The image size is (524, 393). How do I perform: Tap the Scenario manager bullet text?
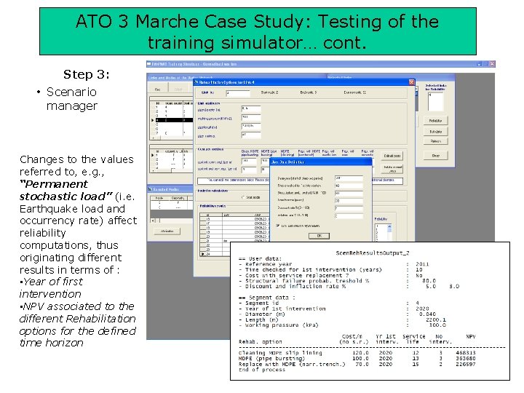click(x=71, y=99)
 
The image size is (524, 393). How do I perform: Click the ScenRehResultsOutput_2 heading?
click(x=372, y=252)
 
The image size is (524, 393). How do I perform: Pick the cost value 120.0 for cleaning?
click(x=359, y=352)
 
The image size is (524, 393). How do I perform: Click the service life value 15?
click(x=416, y=365)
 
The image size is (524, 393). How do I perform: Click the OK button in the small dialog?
click(x=318, y=236)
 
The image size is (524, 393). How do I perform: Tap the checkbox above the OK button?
click(x=277, y=226)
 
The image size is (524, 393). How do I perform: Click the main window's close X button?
click(x=491, y=64)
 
